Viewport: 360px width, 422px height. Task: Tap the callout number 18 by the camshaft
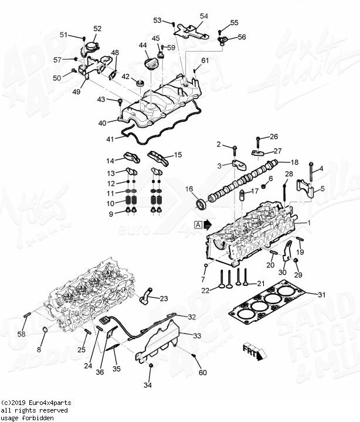tap(295, 162)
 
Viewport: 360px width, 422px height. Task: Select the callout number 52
tap(97, 28)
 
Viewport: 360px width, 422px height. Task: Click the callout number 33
tap(197, 336)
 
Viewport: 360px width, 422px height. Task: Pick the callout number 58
tap(21, 334)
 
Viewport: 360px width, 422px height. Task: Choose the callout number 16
tap(189, 189)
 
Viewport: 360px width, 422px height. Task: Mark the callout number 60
tap(203, 373)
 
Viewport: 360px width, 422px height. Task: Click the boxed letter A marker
tap(198, 224)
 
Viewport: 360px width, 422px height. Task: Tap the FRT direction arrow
tap(253, 351)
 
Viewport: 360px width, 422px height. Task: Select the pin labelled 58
tap(27, 317)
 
